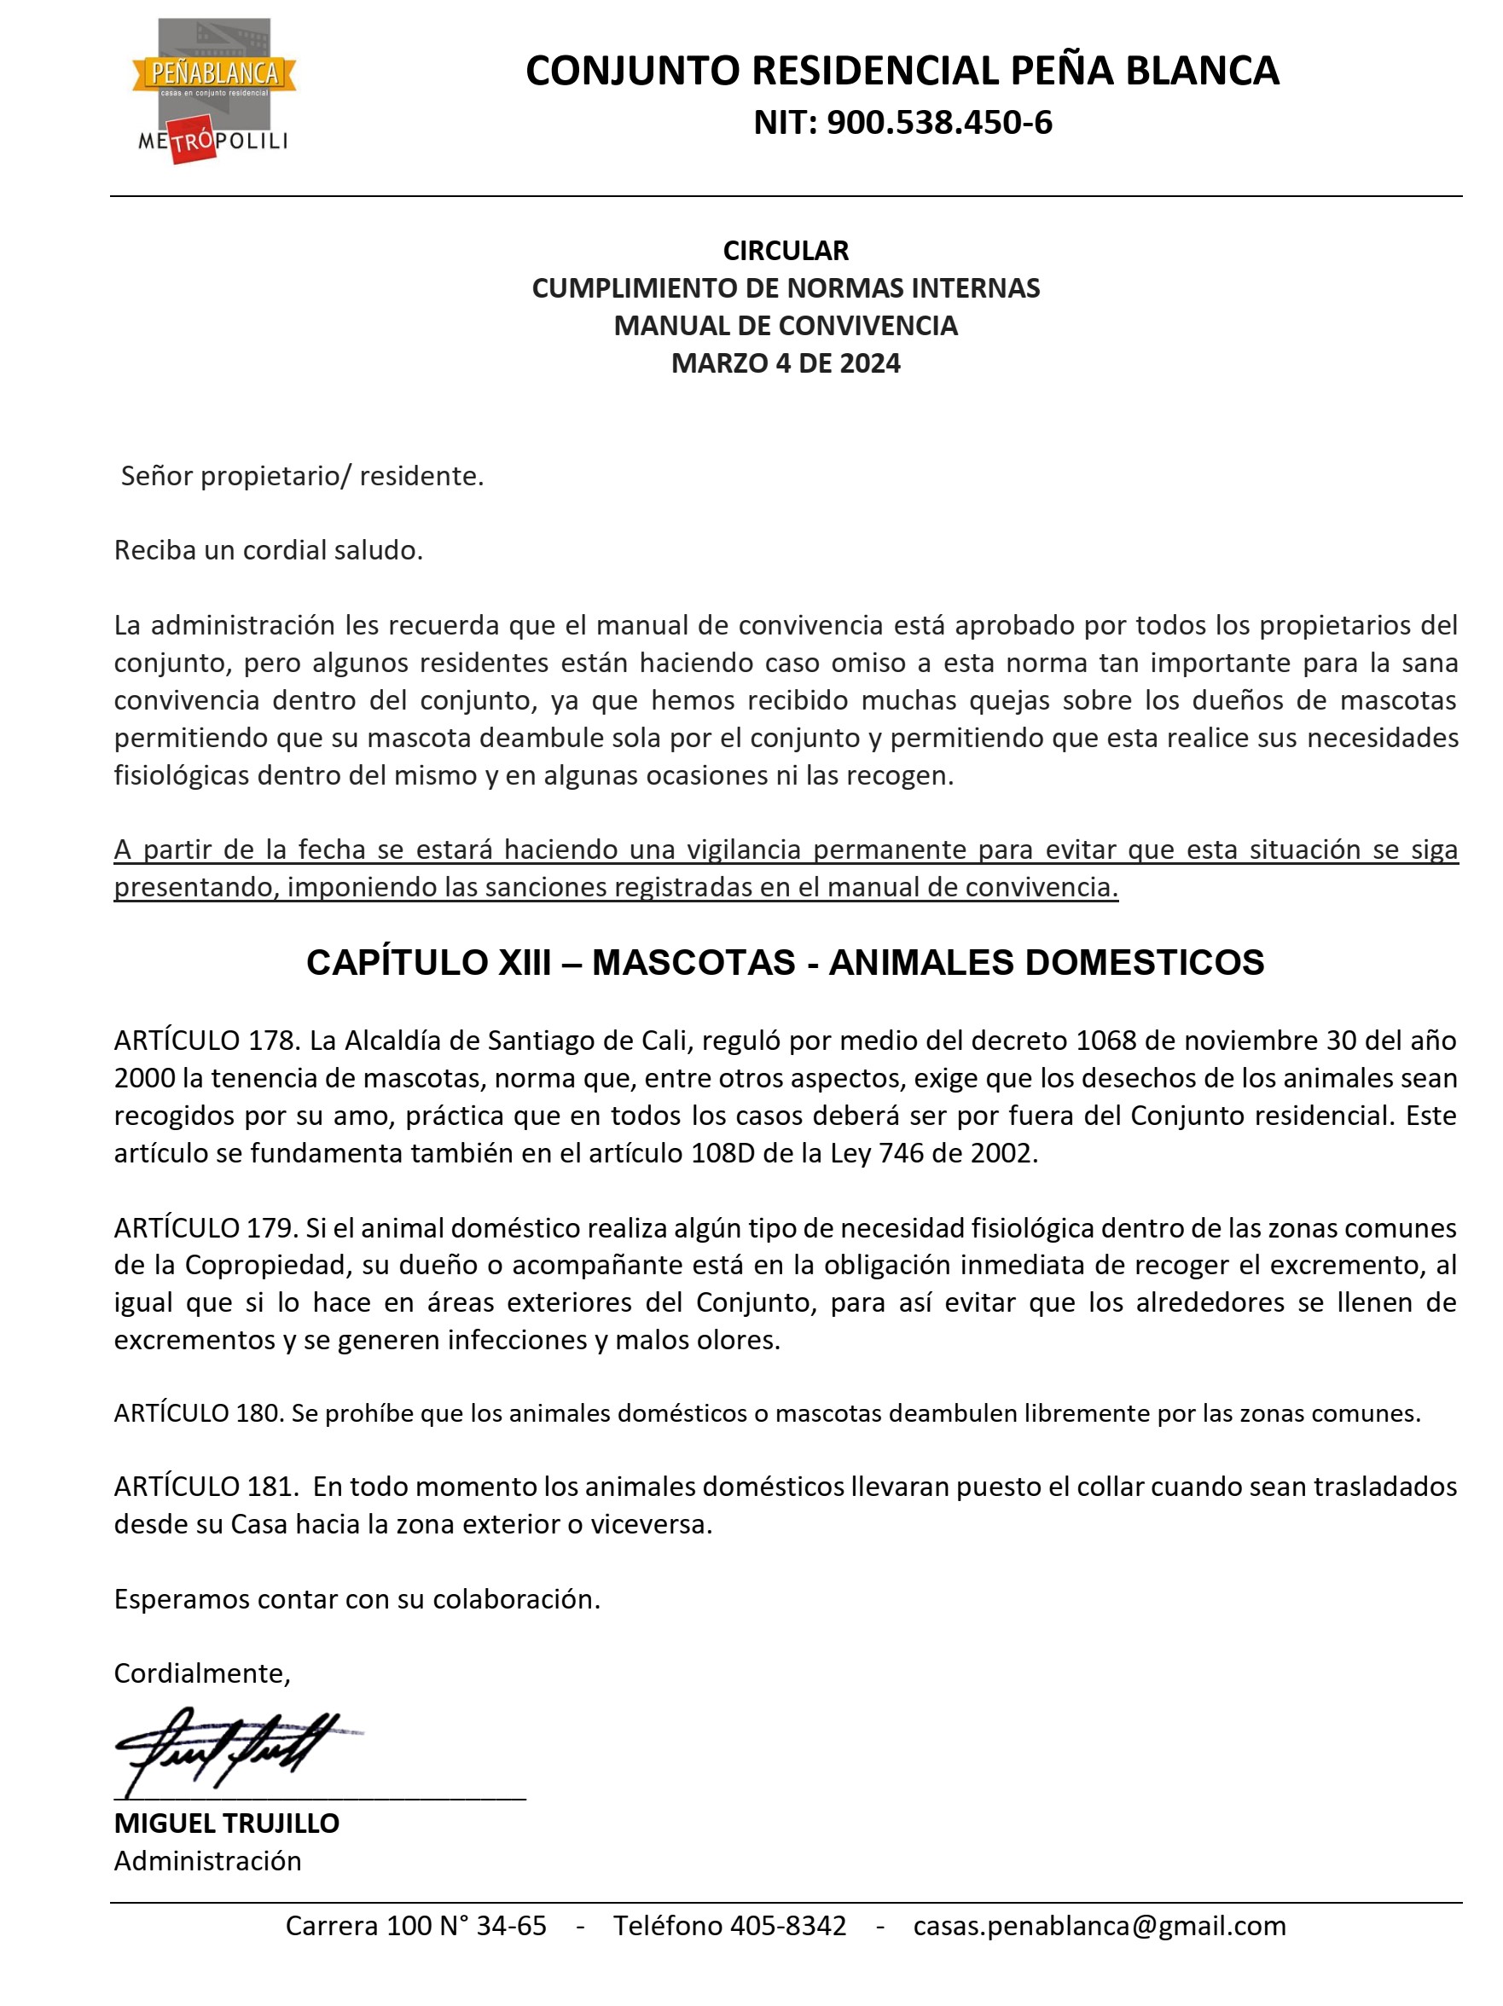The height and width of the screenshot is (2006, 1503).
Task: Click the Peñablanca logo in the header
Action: pyautogui.click(x=214, y=90)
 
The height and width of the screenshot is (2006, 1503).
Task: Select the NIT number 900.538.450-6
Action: pyautogui.click(x=938, y=123)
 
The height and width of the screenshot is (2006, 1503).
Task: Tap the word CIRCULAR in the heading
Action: pyautogui.click(x=785, y=250)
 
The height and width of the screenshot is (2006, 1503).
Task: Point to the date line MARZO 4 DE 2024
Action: pyautogui.click(x=785, y=363)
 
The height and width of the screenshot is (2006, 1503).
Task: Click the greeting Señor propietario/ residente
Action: pyautogui.click(x=302, y=476)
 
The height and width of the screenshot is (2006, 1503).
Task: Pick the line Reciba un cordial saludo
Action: pyautogui.click(x=269, y=550)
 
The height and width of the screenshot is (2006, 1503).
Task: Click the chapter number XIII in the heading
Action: pyautogui.click(x=525, y=962)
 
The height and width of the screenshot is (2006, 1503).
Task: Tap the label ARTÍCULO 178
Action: pyautogui.click(x=206, y=1041)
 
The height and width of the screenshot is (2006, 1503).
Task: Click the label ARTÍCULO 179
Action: pyautogui.click(x=206, y=1227)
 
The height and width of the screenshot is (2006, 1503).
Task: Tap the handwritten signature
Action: pyautogui.click(x=231, y=1747)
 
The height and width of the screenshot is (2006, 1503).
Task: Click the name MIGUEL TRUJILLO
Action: pyautogui.click(x=227, y=1823)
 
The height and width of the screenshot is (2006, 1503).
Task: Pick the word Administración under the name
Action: pyautogui.click(x=208, y=1861)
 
